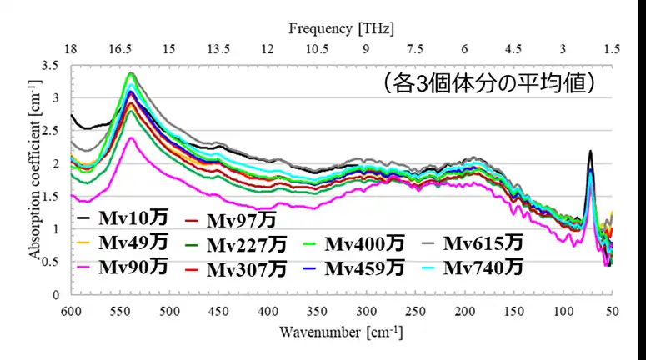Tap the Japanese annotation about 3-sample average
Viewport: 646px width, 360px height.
[x=487, y=83]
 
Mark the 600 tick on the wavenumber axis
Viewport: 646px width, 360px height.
[x=71, y=310]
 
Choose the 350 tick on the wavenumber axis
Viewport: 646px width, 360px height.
[x=316, y=310]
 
